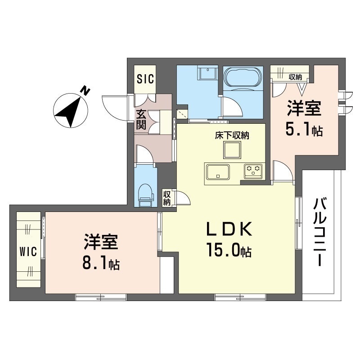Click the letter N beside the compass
point(85,91)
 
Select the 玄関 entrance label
point(141,120)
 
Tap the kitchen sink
point(218,172)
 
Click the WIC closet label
point(27,251)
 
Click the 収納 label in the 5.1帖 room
point(296,76)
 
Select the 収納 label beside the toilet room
point(166,198)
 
